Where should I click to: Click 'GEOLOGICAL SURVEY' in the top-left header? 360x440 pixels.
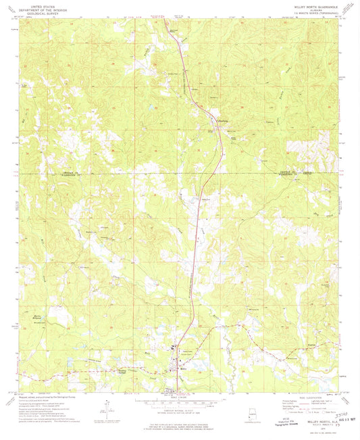pyautogui.click(x=40, y=14)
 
